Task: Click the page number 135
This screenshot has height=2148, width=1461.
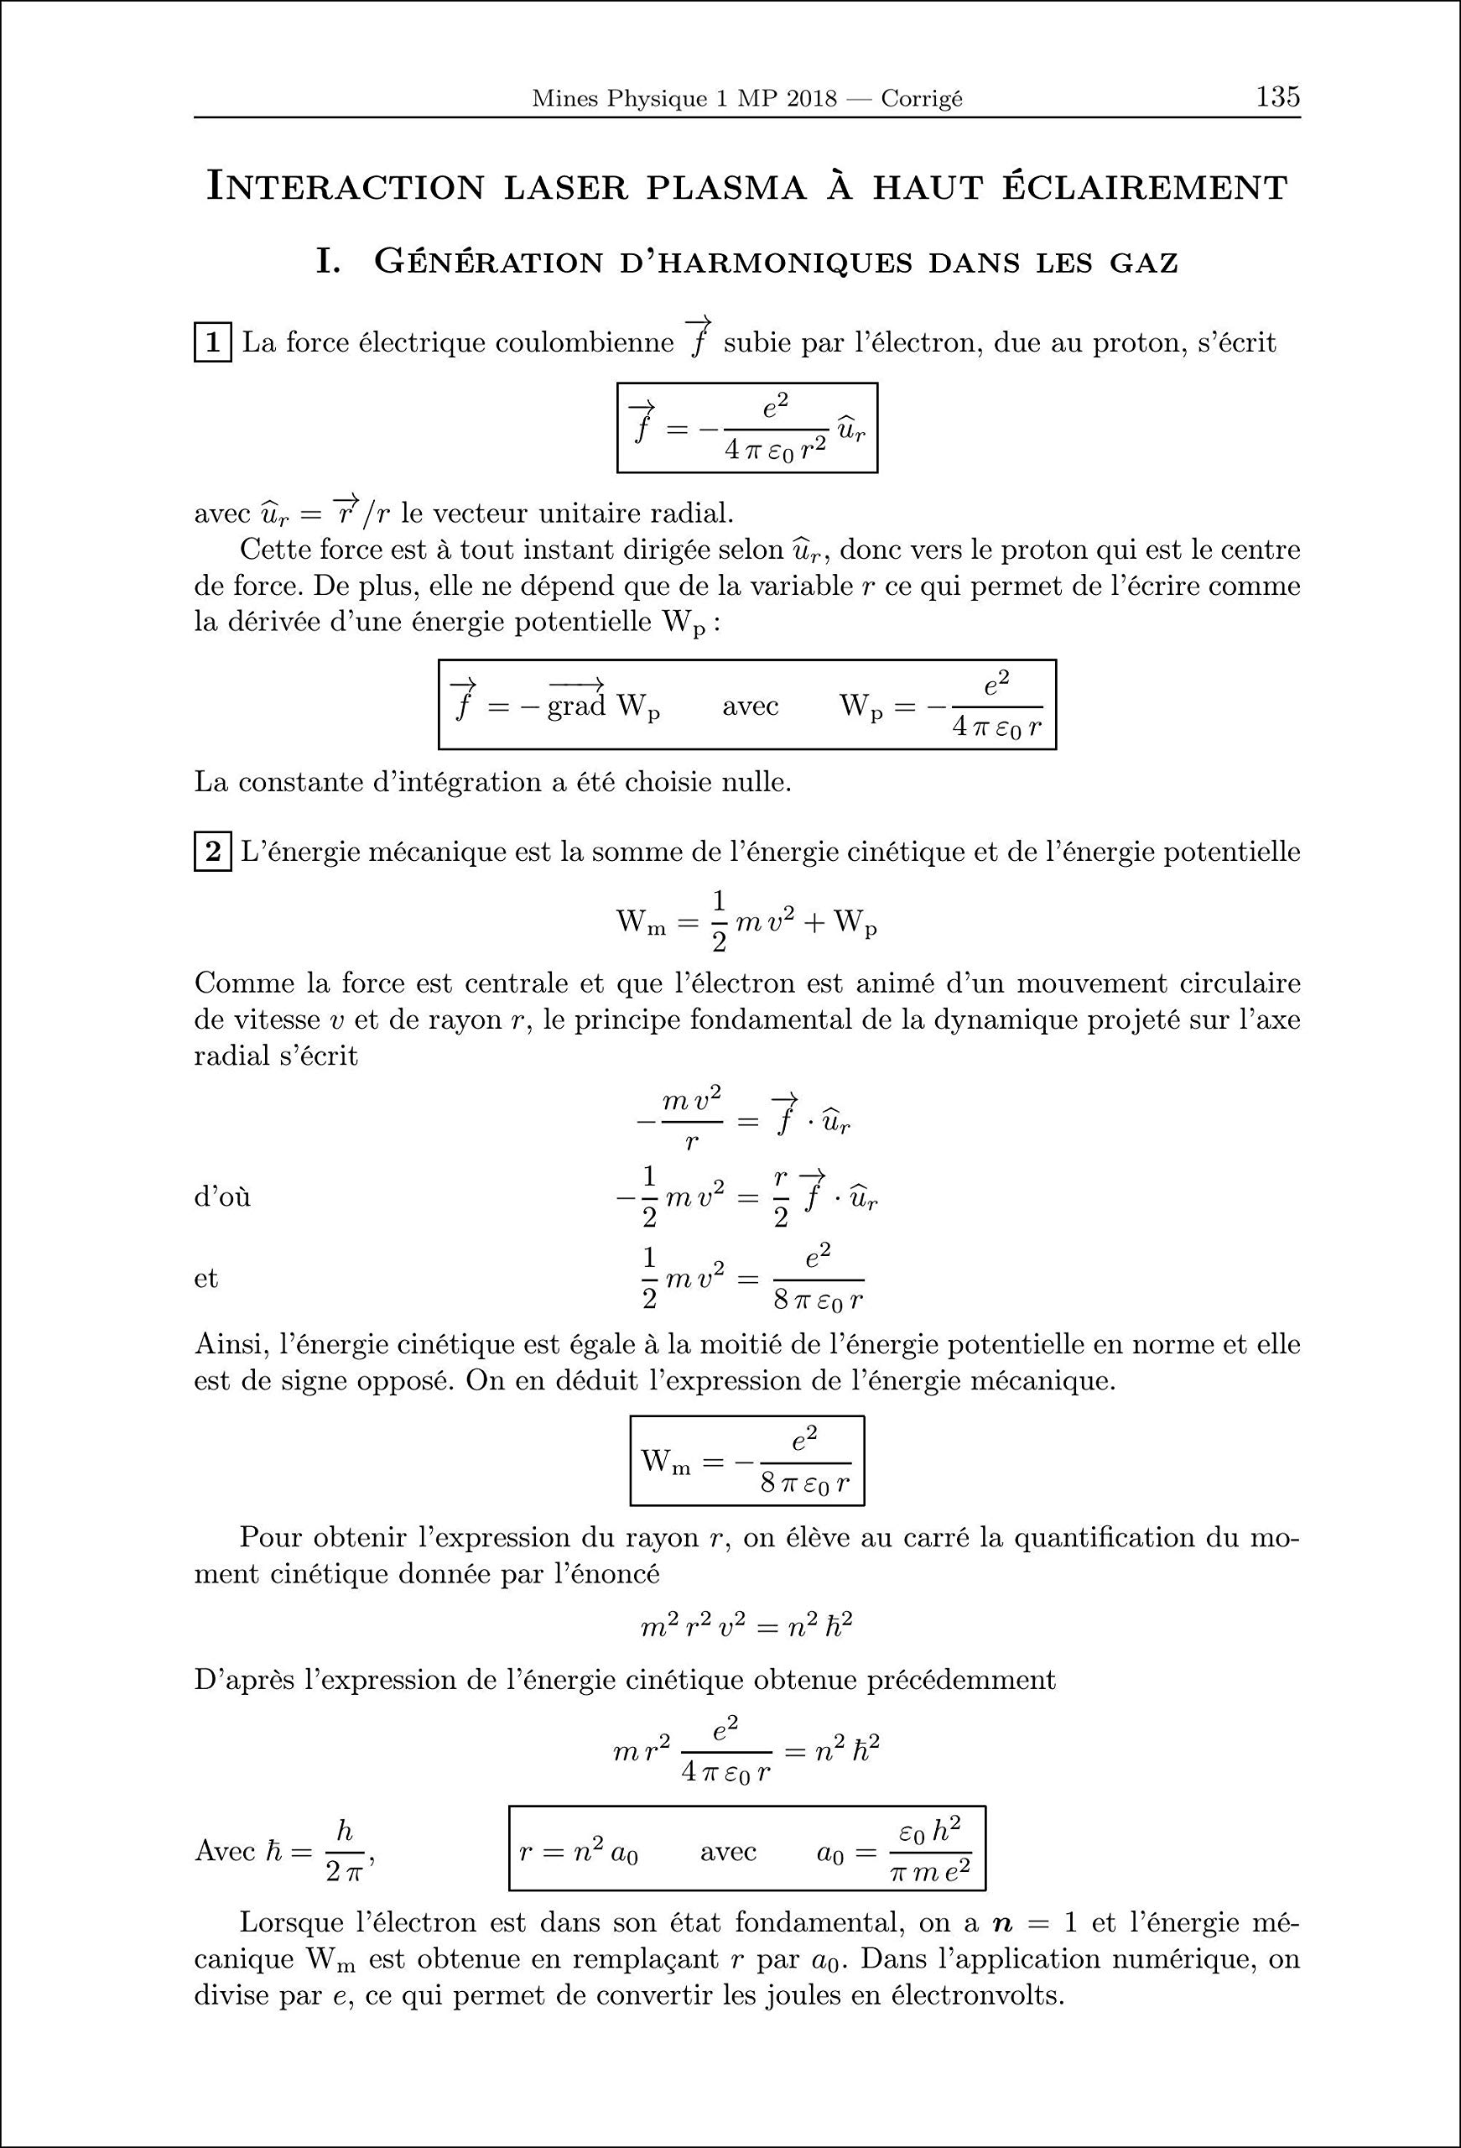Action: (x=1277, y=97)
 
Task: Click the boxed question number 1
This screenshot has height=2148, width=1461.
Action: (x=211, y=344)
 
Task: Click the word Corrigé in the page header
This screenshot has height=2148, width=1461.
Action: (x=922, y=99)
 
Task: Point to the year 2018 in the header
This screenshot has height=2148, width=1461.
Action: (x=809, y=99)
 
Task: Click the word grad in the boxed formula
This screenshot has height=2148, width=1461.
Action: (x=575, y=707)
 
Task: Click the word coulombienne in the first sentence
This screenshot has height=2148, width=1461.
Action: (x=585, y=344)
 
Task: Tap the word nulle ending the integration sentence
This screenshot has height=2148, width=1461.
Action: (x=756, y=783)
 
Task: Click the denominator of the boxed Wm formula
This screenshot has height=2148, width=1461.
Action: (x=804, y=1484)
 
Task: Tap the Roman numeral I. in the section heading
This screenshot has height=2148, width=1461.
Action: (x=329, y=263)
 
